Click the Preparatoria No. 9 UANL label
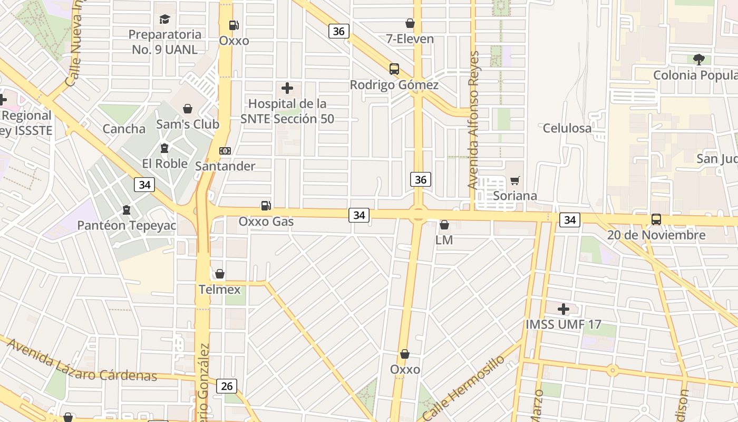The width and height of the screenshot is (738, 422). pyautogui.click(x=165, y=42)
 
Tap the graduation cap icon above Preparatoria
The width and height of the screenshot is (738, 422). pyautogui.click(x=165, y=20)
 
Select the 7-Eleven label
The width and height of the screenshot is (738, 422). pyautogui.click(x=410, y=39)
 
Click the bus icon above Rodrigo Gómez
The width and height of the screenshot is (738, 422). pyautogui.click(x=394, y=69)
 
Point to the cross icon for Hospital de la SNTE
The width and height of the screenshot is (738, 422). pyautogui.click(x=287, y=88)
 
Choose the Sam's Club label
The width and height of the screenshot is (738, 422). pyautogui.click(x=187, y=124)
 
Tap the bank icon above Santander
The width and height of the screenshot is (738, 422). pyautogui.click(x=225, y=151)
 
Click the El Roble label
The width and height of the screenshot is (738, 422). pyautogui.click(x=164, y=164)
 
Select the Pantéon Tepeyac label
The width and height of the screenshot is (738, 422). pyautogui.click(x=127, y=225)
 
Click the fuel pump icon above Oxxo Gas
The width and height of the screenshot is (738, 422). pyautogui.click(x=266, y=206)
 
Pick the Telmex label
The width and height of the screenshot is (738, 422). pyautogui.click(x=219, y=289)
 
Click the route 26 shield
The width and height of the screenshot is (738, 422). pyautogui.click(x=226, y=386)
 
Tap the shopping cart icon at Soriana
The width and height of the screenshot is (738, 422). pyautogui.click(x=515, y=181)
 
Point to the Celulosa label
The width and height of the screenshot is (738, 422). pyautogui.click(x=567, y=128)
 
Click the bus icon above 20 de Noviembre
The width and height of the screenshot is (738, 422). pyautogui.click(x=656, y=219)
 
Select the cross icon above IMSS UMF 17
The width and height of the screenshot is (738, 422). pyautogui.click(x=564, y=309)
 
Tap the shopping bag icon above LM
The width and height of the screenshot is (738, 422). pyautogui.click(x=444, y=225)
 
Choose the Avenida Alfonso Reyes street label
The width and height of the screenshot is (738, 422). pyautogui.click(x=473, y=120)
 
